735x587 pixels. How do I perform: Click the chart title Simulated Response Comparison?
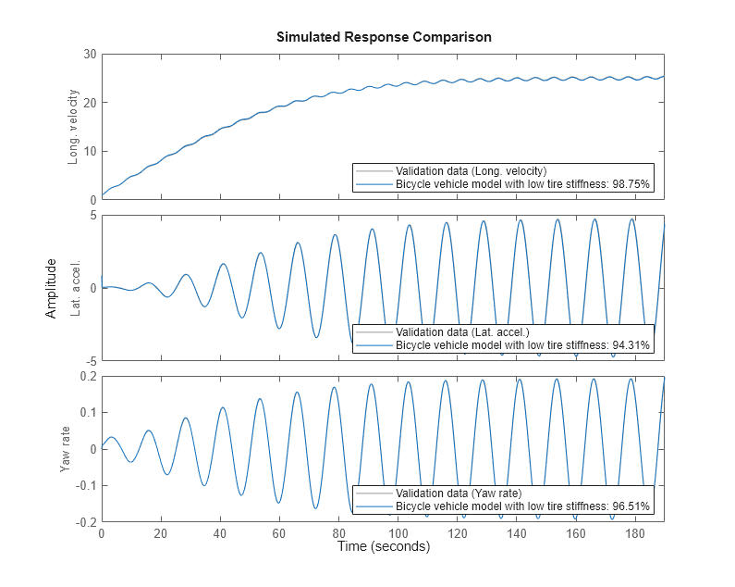(x=383, y=37)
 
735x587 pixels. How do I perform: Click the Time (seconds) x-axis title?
(x=383, y=547)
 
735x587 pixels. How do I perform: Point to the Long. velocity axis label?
(x=73, y=126)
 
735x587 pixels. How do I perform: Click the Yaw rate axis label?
(x=66, y=449)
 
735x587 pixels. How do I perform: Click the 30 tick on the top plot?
(x=90, y=54)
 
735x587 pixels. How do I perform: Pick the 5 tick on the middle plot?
(x=93, y=216)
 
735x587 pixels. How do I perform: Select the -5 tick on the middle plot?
(x=91, y=360)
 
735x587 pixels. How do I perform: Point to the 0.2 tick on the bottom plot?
(x=87, y=377)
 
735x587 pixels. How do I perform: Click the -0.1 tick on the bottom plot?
(x=85, y=485)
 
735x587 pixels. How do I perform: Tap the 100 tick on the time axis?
(x=398, y=534)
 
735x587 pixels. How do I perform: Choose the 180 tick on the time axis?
(x=635, y=534)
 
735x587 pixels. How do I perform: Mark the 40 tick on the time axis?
(x=220, y=534)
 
